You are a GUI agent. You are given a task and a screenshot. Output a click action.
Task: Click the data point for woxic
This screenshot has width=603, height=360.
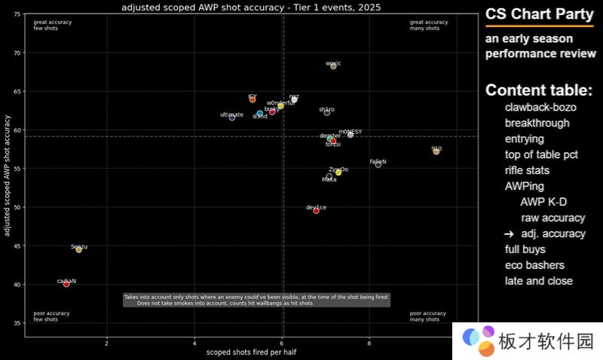[333, 66]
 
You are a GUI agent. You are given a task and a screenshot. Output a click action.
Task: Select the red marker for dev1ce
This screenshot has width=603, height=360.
[316, 211]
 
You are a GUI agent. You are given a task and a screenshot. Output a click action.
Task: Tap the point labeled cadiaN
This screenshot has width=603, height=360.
[66, 284]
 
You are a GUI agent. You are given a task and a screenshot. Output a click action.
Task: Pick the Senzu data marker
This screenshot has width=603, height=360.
[78, 249]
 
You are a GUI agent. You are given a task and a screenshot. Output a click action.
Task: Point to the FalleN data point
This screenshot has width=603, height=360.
[378, 164]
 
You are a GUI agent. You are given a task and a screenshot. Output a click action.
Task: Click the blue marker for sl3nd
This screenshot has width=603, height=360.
[259, 114]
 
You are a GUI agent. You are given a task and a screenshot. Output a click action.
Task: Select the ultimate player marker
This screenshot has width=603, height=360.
[232, 117]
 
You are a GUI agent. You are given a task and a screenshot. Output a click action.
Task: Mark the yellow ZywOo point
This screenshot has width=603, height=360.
[338, 172]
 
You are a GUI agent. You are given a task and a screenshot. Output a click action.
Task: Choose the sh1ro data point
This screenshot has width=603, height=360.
[326, 112]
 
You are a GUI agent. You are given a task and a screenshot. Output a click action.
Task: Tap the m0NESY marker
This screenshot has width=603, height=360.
[350, 134]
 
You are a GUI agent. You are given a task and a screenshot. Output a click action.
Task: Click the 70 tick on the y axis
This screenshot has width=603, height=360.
[17, 53]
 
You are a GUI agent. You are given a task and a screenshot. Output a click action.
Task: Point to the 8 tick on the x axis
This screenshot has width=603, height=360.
[369, 343]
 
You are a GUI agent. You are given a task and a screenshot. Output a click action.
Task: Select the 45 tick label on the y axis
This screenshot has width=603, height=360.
[17, 246]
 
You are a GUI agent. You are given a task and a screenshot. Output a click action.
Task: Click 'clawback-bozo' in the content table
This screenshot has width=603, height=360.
[540, 108]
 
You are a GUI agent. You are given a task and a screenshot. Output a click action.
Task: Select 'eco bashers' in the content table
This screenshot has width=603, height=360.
[534, 265]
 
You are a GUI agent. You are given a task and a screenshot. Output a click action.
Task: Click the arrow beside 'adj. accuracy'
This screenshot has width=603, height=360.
[509, 234]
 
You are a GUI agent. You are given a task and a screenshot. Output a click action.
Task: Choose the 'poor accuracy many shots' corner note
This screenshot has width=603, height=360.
[427, 316]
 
